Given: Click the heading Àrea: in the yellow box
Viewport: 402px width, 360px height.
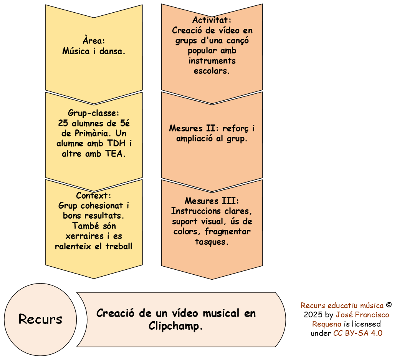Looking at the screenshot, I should click(94, 41).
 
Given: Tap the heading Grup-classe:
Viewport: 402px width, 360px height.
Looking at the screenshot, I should click(94, 113).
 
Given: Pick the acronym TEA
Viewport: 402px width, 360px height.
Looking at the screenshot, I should click(116, 154).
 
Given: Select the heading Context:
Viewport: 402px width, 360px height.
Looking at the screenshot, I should click(94, 196).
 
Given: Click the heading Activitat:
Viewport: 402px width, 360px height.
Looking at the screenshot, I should click(212, 20).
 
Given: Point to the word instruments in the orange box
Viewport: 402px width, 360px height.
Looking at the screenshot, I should click(212, 61).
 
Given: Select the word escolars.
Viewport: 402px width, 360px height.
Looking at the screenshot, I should click(212, 71).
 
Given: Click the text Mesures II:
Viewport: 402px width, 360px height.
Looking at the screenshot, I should click(194, 128).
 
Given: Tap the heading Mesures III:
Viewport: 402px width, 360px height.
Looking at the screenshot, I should click(212, 201).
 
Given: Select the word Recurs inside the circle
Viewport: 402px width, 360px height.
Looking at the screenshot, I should click(40, 319).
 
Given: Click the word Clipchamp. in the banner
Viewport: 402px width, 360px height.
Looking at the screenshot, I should click(175, 326).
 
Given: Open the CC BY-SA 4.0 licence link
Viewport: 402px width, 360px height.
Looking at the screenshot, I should click(357, 333).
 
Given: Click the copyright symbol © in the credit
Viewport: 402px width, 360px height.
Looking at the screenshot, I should click(389, 305).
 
